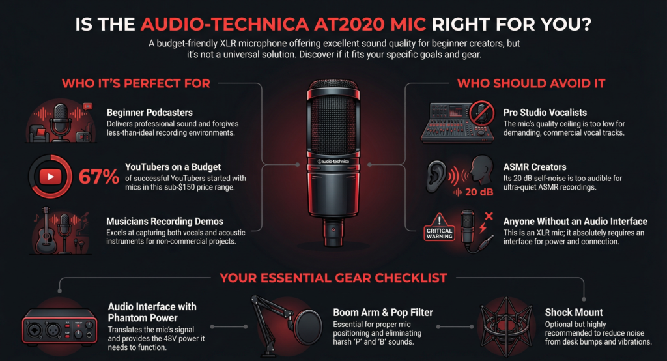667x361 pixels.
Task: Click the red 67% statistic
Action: pyautogui.click(x=99, y=177)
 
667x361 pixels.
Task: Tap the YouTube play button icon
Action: pyautogui.click(x=50, y=177)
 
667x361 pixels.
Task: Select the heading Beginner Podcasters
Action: pyautogui.click(x=149, y=113)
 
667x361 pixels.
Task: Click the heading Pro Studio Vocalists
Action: pyautogui.click(x=545, y=113)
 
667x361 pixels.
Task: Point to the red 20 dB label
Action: pyautogui.click(x=479, y=192)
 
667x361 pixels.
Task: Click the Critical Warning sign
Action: pyautogui.click(x=440, y=227)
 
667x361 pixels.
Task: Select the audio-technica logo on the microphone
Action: pyautogui.click(x=333, y=162)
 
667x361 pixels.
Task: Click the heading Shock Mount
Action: pyautogui.click(x=574, y=313)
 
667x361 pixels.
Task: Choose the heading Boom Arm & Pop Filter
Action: pyautogui.click(x=383, y=313)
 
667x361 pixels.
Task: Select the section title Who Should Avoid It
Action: pyautogui.click(x=531, y=83)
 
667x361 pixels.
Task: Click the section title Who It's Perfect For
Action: pyautogui.click(x=136, y=83)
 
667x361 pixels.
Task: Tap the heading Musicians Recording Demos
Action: pyautogui.click(x=165, y=222)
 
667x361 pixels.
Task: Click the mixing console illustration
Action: pyautogui.click(x=457, y=123)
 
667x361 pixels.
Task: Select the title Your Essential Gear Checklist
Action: pyautogui.click(x=333, y=278)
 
